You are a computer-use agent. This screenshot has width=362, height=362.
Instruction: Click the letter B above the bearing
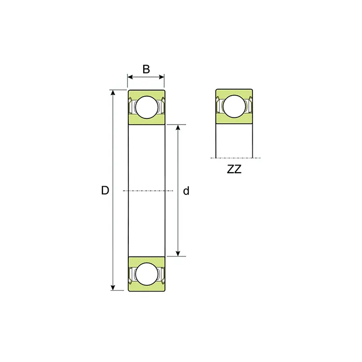tap(146, 69)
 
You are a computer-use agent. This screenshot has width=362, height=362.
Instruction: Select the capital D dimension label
tap(105, 190)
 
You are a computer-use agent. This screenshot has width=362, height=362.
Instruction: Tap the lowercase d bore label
tap(186, 191)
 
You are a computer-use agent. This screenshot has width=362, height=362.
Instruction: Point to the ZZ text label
tap(234, 169)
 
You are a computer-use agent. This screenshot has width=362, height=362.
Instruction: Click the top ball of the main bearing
tap(146, 107)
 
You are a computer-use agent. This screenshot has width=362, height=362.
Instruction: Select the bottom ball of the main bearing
tap(146, 273)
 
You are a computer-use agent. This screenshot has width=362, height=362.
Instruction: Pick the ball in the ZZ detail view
tap(234, 107)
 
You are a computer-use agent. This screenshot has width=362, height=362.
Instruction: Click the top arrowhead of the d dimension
tap(178, 127)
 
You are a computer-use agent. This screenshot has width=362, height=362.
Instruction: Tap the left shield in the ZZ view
tap(220, 107)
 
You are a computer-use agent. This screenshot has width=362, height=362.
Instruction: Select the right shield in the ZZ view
tap(249, 107)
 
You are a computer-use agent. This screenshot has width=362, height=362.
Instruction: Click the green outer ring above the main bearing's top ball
tap(146, 93)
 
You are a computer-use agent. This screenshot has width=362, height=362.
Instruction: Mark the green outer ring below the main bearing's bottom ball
tap(146, 288)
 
